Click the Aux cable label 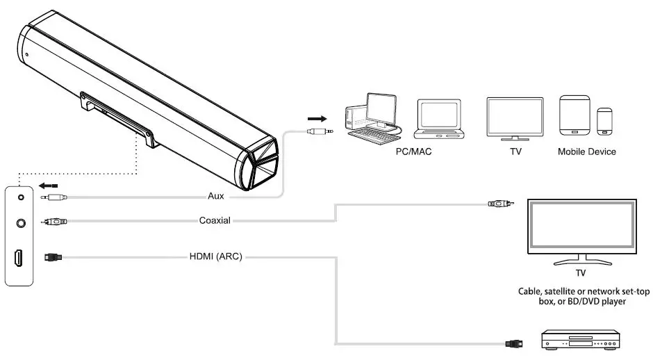[216, 196]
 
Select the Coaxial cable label [214, 221]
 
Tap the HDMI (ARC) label [215, 256]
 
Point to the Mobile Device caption [586, 151]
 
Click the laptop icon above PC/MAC [439, 120]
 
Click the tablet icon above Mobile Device [575, 116]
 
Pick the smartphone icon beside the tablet [605, 122]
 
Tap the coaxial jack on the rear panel [20, 223]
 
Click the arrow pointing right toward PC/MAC [317, 118]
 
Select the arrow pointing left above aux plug [47, 186]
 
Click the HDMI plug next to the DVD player [513, 342]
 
